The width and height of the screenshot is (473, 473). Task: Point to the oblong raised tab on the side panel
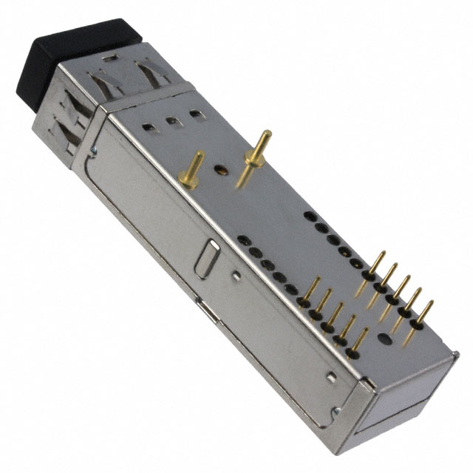tap(206, 258)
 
